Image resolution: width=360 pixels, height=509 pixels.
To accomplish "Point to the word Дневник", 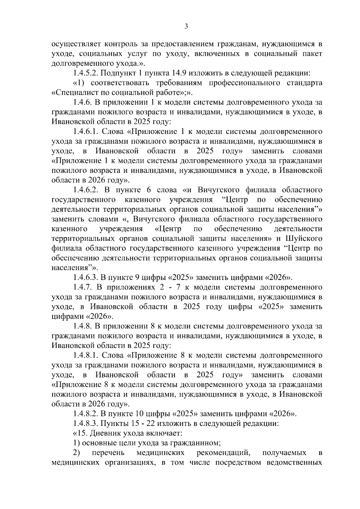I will [x=97, y=434].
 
